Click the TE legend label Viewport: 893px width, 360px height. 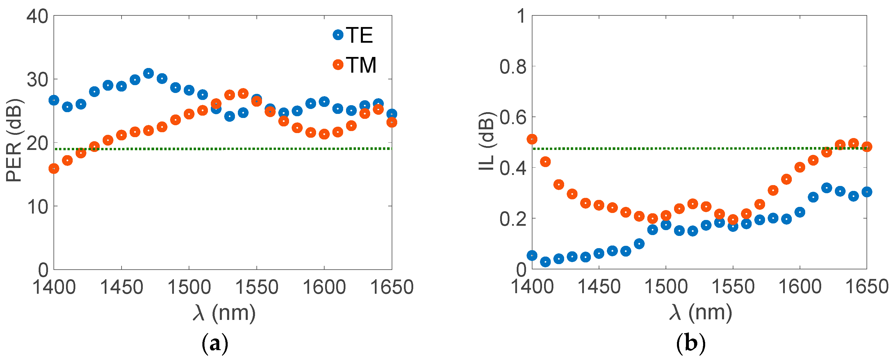[359, 35]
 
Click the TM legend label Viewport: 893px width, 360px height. [361, 65]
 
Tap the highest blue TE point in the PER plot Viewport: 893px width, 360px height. [148, 74]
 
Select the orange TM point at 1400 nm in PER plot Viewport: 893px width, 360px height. [54, 169]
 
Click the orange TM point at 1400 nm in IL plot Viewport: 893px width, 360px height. [532, 139]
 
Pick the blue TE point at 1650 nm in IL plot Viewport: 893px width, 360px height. [867, 191]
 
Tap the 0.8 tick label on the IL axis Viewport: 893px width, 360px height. [513, 67]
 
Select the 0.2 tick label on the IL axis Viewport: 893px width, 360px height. [513, 219]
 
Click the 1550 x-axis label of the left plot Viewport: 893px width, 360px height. [256, 287]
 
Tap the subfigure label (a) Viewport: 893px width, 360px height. [215, 343]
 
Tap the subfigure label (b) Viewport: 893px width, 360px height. [691, 343]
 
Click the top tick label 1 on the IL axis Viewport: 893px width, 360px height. [521, 16]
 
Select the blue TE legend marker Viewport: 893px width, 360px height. [338, 35]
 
